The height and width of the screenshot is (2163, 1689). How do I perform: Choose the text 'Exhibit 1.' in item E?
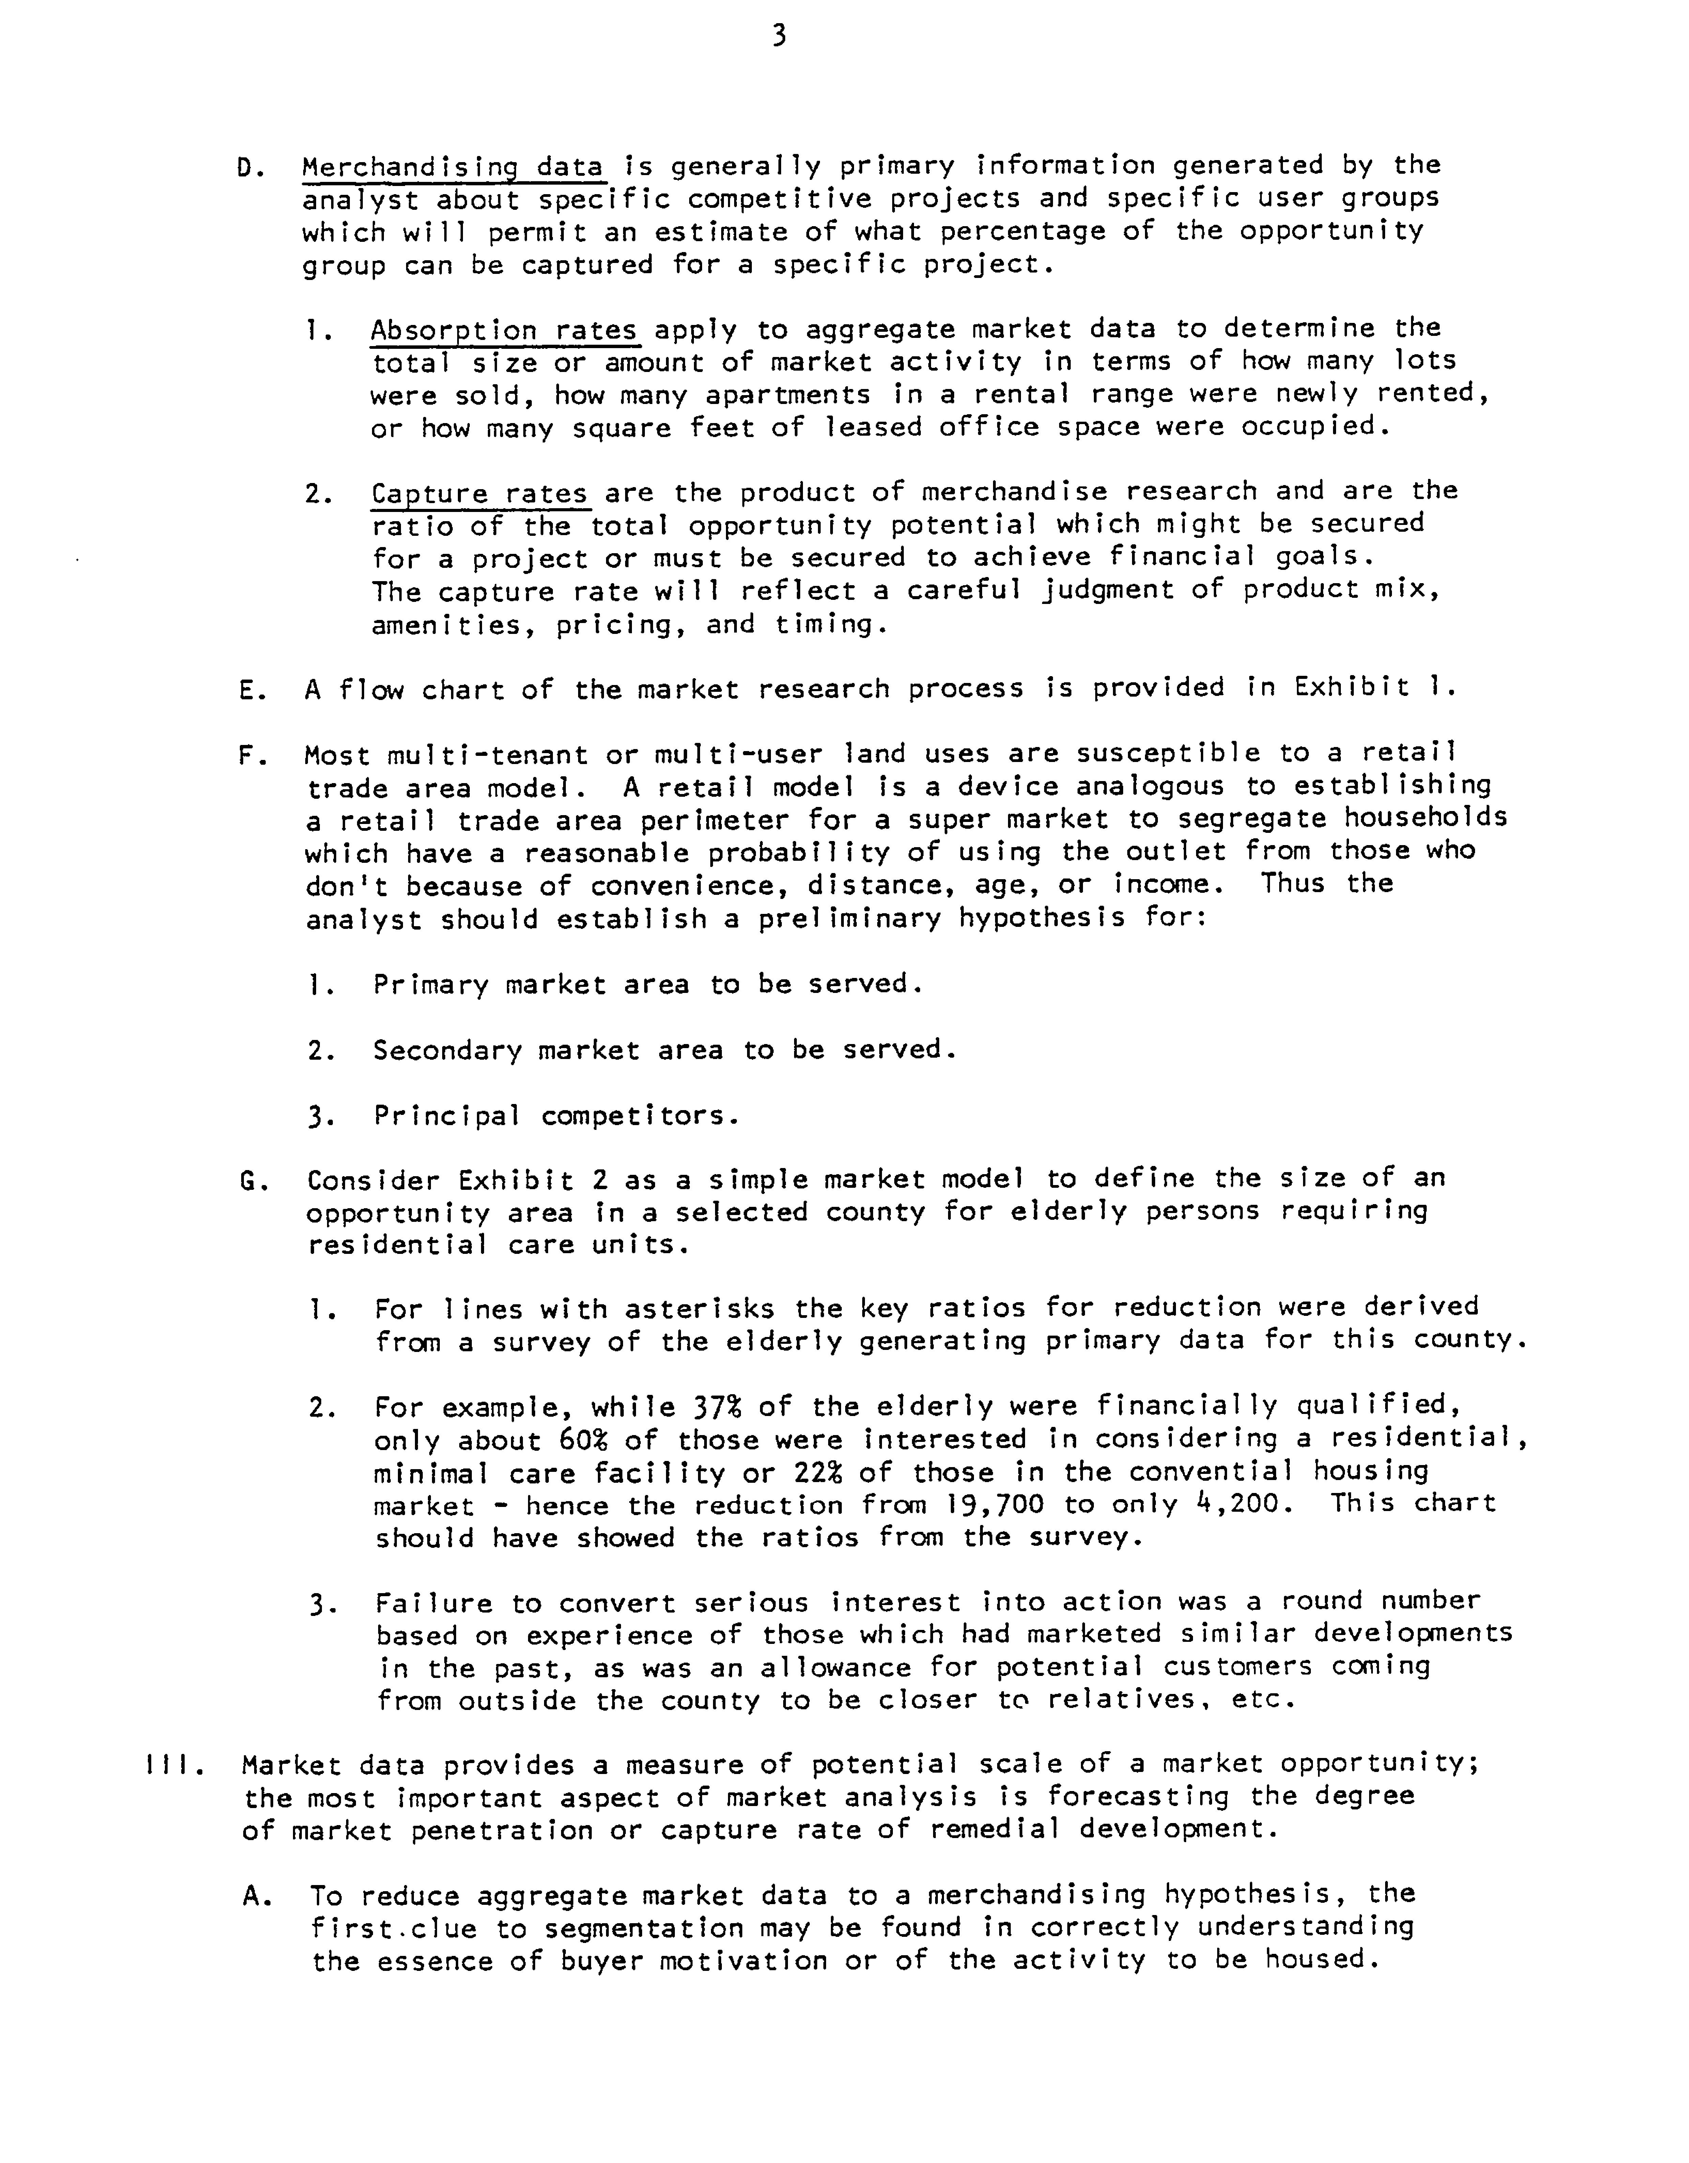[1375, 687]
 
